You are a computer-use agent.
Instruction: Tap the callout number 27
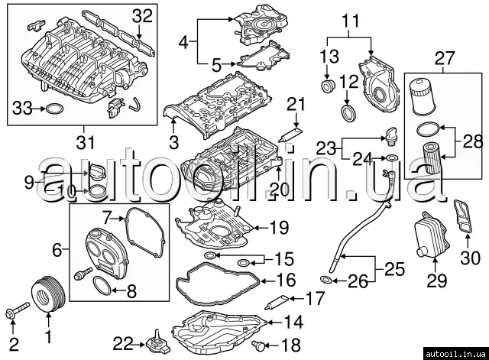[x=444, y=57]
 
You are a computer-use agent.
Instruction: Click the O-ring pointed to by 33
[x=54, y=109]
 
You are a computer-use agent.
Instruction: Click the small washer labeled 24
[x=391, y=159]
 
